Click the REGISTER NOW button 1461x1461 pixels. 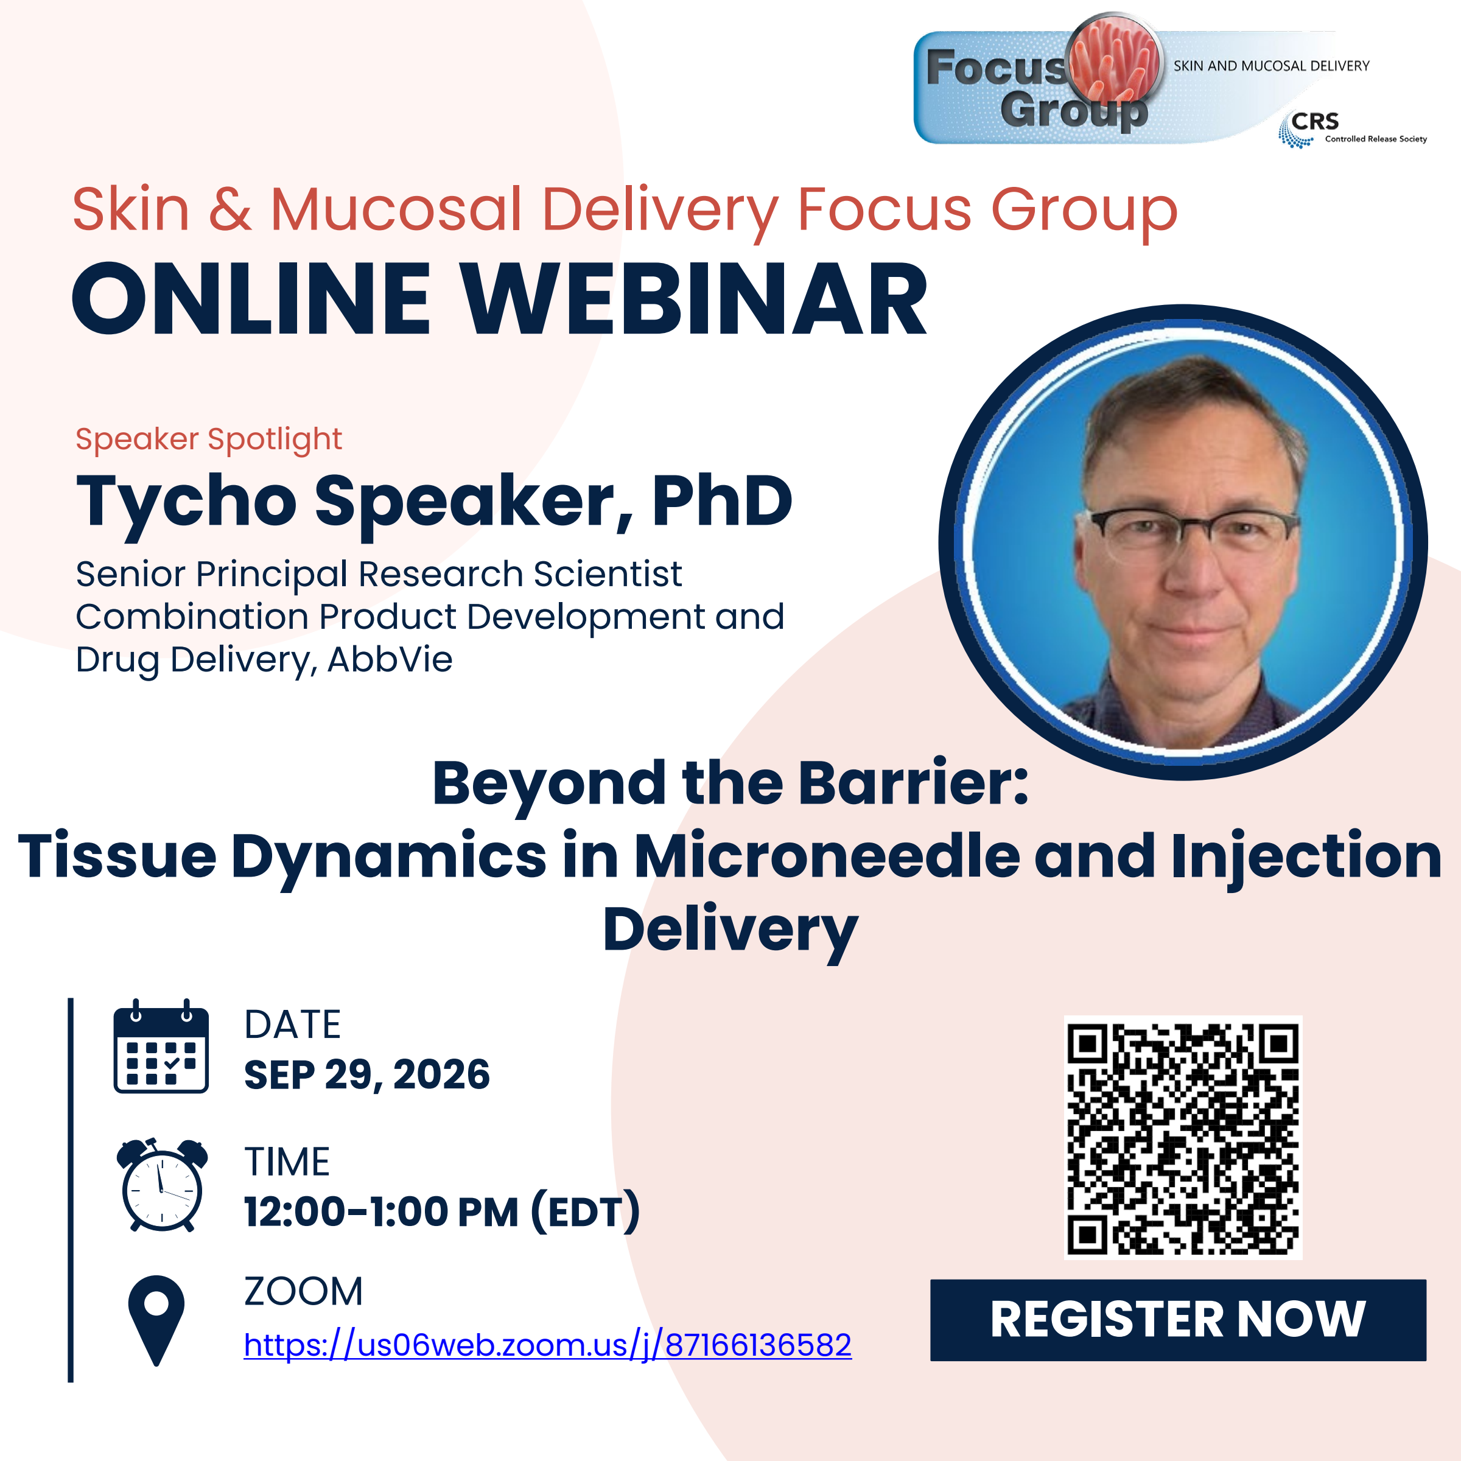[x=1177, y=1320]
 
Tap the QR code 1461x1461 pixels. [x=1183, y=1138]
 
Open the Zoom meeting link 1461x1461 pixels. [x=547, y=1345]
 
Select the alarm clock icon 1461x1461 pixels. [x=162, y=1185]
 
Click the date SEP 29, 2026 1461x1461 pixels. [x=366, y=1074]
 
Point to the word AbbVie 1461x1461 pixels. [x=390, y=659]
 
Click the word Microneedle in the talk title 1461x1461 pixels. [x=827, y=856]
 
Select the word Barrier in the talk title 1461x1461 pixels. [x=914, y=783]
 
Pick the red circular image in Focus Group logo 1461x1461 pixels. [x=1114, y=58]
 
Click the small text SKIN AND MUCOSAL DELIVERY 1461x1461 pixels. [x=1271, y=66]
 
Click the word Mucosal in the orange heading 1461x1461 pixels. [x=396, y=209]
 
